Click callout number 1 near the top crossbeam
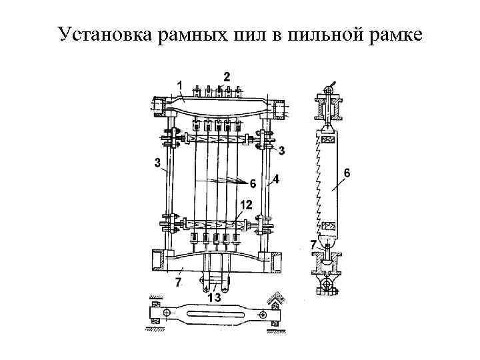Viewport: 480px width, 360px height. pos(179,83)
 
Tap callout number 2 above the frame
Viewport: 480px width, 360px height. pos(227,75)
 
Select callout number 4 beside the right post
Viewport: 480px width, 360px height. pos(275,179)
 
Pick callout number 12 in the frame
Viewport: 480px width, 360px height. pos(245,205)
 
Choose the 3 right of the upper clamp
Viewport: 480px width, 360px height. pos(281,151)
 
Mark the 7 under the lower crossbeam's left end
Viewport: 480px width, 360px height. pos(177,283)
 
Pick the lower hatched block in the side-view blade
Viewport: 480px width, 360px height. pos(329,225)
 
